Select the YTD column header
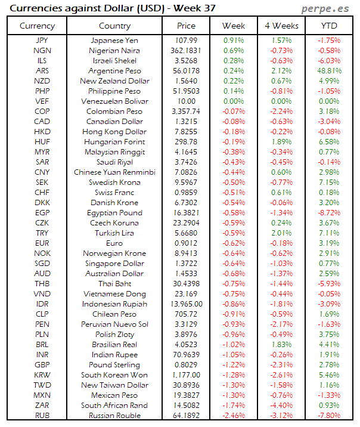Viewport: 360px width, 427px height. pyautogui.click(x=329, y=26)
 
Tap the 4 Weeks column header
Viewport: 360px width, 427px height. pyautogui.click(x=281, y=26)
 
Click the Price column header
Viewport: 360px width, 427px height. pyautogui.click(x=186, y=26)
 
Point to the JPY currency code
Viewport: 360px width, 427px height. pyautogui.click(x=42, y=40)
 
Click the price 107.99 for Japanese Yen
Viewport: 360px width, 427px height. pyautogui.click(x=186, y=40)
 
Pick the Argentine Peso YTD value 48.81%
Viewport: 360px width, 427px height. pyautogui.click(x=329, y=70)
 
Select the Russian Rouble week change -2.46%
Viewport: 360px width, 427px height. pyautogui.click(x=233, y=416)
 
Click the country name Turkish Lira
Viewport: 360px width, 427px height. pyautogui.click(x=115, y=233)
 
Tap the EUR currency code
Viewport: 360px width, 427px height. pyautogui.click(x=42, y=243)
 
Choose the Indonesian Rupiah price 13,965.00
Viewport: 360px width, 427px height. pyautogui.click(x=186, y=304)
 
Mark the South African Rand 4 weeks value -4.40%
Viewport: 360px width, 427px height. pyautogui.click(x=281, y=406)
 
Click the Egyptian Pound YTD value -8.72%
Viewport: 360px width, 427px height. pyautogui.click(x=329, y=213)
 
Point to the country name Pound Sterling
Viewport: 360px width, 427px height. pyautogui.click(x=115, y=365)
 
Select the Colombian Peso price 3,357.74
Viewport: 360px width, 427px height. pyautogui.click(x=186, y=112)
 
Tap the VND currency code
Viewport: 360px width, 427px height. pyautogui.click(x=42, y=294)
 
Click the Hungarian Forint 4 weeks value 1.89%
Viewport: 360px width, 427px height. pyautogui.click(x=281, y=142)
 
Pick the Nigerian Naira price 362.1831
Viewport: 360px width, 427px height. pyautogui.click(x=186, y=50)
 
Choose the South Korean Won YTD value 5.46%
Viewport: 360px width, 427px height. pyautogui.click(x=329, y=375)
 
